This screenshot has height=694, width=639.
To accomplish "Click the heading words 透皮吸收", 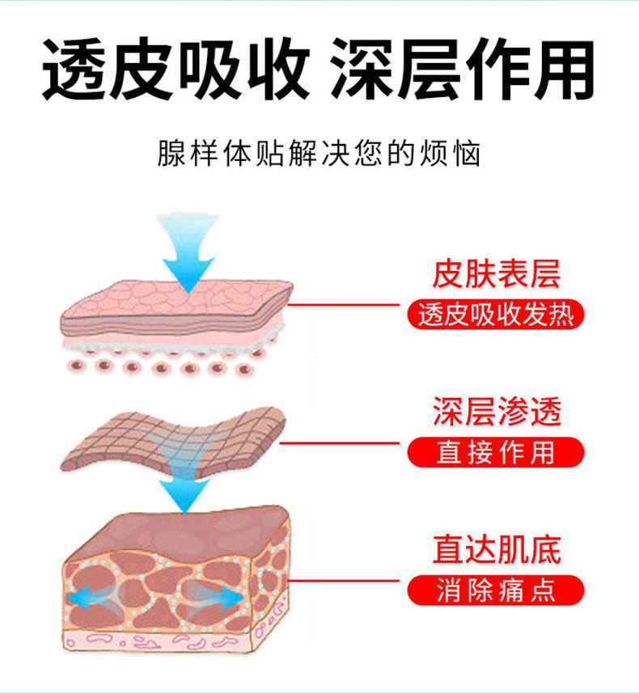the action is [x=175, y=70].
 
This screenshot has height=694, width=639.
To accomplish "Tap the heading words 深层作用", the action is [x=463, y=70].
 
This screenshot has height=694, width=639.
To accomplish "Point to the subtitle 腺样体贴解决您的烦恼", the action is [x=319, y=154].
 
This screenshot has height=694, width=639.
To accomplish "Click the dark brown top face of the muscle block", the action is [x=186, y=530].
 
